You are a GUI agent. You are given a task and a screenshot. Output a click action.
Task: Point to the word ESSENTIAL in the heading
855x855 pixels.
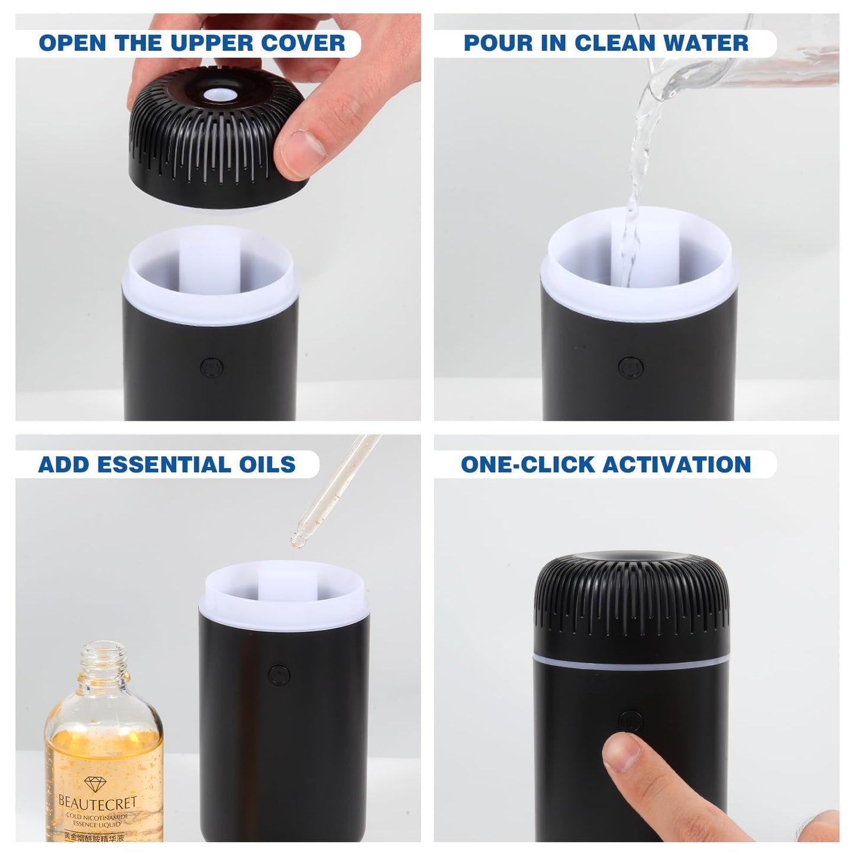point(174,464)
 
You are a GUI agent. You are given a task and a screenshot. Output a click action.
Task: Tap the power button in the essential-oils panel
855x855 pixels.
point(279,675)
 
